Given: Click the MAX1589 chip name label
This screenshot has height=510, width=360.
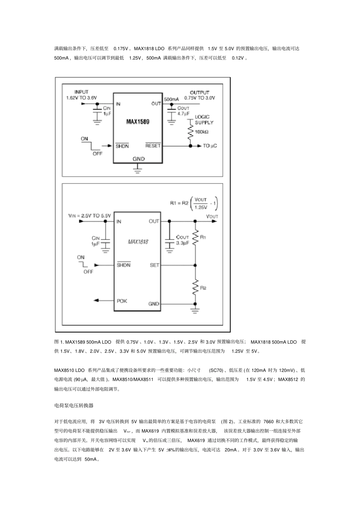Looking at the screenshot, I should (x=138, y=122).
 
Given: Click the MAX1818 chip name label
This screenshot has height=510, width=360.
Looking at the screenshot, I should (x=138, y=242).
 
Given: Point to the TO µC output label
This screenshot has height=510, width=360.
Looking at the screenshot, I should (x=210, y=146).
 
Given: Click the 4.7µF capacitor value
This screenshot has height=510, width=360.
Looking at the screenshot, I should (x=183, y=113).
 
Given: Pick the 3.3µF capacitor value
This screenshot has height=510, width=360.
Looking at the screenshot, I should (x=183, y=243).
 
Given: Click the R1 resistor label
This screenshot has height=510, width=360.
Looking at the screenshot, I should (x=203, y=237).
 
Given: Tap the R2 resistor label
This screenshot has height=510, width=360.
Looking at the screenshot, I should (x=203, y=288).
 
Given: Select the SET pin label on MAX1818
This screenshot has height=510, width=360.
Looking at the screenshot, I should (x=155, y=265).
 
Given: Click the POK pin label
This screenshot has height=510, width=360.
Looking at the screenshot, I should (x=122, y=301).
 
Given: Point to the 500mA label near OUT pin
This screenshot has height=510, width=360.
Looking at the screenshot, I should (x=171, y=99).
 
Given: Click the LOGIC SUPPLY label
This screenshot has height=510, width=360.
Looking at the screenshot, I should (x=204, y=120).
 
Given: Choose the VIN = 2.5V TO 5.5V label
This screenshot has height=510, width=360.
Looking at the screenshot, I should (x=89, y=216).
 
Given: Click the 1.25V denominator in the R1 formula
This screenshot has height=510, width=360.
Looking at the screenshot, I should (x=201, y=207).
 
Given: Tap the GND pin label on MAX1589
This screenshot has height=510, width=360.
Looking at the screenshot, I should (x=138, y=159).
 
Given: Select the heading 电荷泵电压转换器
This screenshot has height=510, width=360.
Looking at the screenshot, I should (x=74, y=405).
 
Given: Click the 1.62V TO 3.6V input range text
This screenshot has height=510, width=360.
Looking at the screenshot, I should (x=81, y=97).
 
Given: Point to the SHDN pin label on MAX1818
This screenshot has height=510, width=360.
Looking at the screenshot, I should (x=124, y=265).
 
